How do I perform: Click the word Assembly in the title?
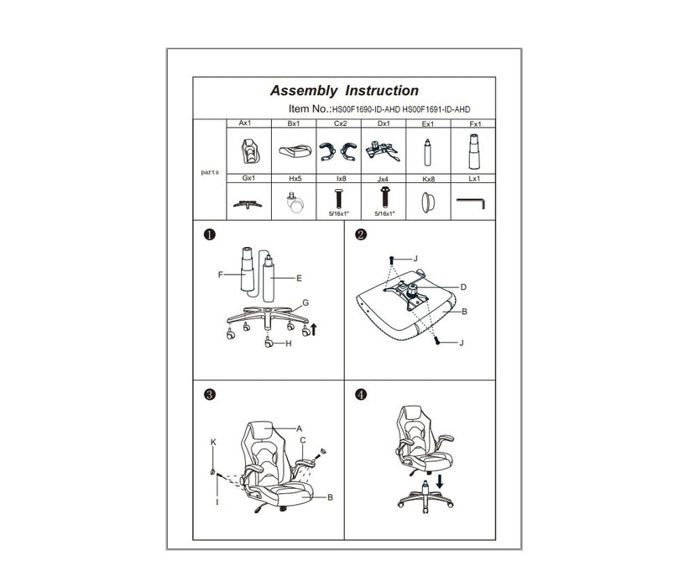(304, 92)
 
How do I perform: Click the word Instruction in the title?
(382, 91)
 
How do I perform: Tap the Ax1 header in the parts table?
(245, 123)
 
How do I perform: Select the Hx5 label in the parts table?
(295, 179)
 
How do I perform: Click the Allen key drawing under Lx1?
(471, 203)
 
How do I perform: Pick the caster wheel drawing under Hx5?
(295, 202)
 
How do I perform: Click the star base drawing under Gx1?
(248, 205)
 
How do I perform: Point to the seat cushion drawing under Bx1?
(295, 150)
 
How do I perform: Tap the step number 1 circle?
(209, 234)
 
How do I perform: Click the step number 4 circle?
(361, 395)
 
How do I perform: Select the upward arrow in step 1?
(314, 330)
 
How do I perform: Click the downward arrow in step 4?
(440, 481)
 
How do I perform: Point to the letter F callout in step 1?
(220, 275)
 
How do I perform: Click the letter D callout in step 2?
(463, 287)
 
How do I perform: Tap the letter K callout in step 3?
(213, 443)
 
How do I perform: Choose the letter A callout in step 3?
(300, 429)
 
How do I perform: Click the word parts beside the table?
(210, 172)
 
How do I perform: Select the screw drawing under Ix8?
(339, 199)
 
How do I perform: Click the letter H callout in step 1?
(289, 344)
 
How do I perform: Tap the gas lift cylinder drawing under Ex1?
(428, 152)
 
